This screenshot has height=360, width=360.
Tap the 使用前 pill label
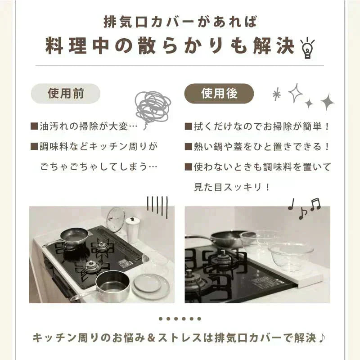pos(65,94)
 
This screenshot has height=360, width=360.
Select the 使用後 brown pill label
pos(219,94)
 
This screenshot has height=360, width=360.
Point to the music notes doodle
pos(304,208)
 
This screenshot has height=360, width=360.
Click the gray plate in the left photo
pos(150,285)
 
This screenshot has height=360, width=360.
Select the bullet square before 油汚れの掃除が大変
pos(34,126)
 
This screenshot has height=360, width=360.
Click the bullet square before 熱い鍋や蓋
pos(189,147)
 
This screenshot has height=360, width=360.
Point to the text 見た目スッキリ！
pos(232,187)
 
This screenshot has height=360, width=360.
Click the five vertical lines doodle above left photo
pos(157,207)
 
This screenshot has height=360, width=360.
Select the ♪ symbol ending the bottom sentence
pos(322,337)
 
